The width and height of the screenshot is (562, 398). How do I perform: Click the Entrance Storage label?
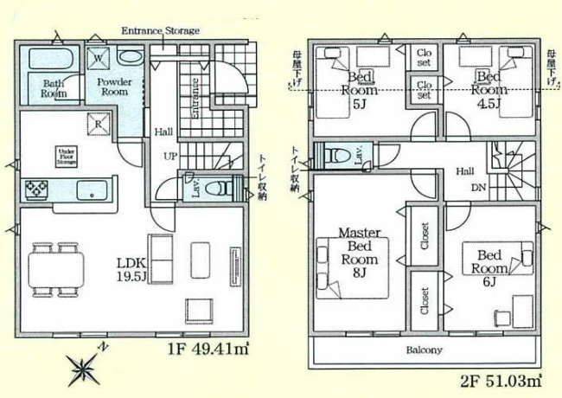(160, 31)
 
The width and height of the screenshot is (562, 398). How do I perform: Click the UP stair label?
(171, 157)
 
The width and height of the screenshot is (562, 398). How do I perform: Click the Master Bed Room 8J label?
(359, 253)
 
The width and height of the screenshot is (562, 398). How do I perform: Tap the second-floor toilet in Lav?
(334, 157)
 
